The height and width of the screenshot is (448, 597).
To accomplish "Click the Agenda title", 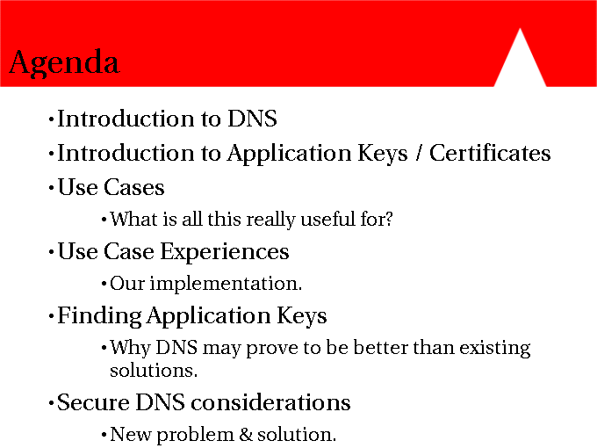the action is coord(64,63).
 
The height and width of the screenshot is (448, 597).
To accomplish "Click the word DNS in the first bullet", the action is coord(252,119).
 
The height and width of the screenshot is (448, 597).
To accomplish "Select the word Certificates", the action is coord(490,153).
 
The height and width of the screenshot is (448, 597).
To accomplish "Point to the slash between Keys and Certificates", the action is coord(419,154).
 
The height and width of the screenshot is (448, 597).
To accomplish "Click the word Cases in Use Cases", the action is coord(133,187).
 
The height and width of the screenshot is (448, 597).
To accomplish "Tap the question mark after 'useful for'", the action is coord(389,219).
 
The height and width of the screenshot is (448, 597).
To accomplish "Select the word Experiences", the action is coord(225,252).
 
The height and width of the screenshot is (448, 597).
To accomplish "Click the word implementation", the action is coord(226,285).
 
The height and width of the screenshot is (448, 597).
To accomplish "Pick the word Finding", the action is coord(99,316).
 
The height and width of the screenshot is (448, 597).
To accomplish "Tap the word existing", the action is coord(494,348).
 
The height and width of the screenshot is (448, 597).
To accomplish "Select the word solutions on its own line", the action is coord(154,371).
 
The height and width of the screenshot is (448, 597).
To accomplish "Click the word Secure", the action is coord(93,402).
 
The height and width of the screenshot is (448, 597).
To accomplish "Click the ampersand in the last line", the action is coord(246,434).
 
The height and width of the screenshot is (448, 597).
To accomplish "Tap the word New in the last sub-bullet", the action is coord(131,434).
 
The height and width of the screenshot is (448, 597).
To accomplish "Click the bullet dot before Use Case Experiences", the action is coord(52,253).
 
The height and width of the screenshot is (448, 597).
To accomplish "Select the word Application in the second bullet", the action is coord(290,154).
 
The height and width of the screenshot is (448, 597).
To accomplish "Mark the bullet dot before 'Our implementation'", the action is coord(104,284).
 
